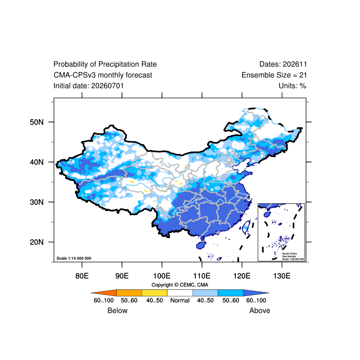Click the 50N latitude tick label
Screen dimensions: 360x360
coord(36,122)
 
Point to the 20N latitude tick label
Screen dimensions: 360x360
coord(36,242)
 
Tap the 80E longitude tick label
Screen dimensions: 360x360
coord(82,276)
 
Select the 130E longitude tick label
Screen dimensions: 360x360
coord(282,276)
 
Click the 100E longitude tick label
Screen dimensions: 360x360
coord(162,276)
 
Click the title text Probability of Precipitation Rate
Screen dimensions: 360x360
coord(105,64)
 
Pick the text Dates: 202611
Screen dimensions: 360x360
coord(283,64)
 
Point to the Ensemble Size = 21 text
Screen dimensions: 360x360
coord(274,75)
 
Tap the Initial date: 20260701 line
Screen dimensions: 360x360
coord(89,86)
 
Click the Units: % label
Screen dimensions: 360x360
coord(292,86)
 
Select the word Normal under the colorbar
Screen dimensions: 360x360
coord(180,300)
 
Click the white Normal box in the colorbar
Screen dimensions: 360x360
coord(180,293)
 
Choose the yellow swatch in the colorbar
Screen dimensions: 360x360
coord(154,293)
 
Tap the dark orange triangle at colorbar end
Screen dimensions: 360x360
coord(107,293)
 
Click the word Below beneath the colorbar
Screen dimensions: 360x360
coord(117,310)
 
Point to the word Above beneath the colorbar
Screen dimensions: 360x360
coord(260,310)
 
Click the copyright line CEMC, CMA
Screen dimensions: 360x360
coord(180,285)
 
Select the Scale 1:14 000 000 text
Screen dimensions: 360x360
coord(74,258)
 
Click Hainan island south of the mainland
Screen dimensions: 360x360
coord(201,245)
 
